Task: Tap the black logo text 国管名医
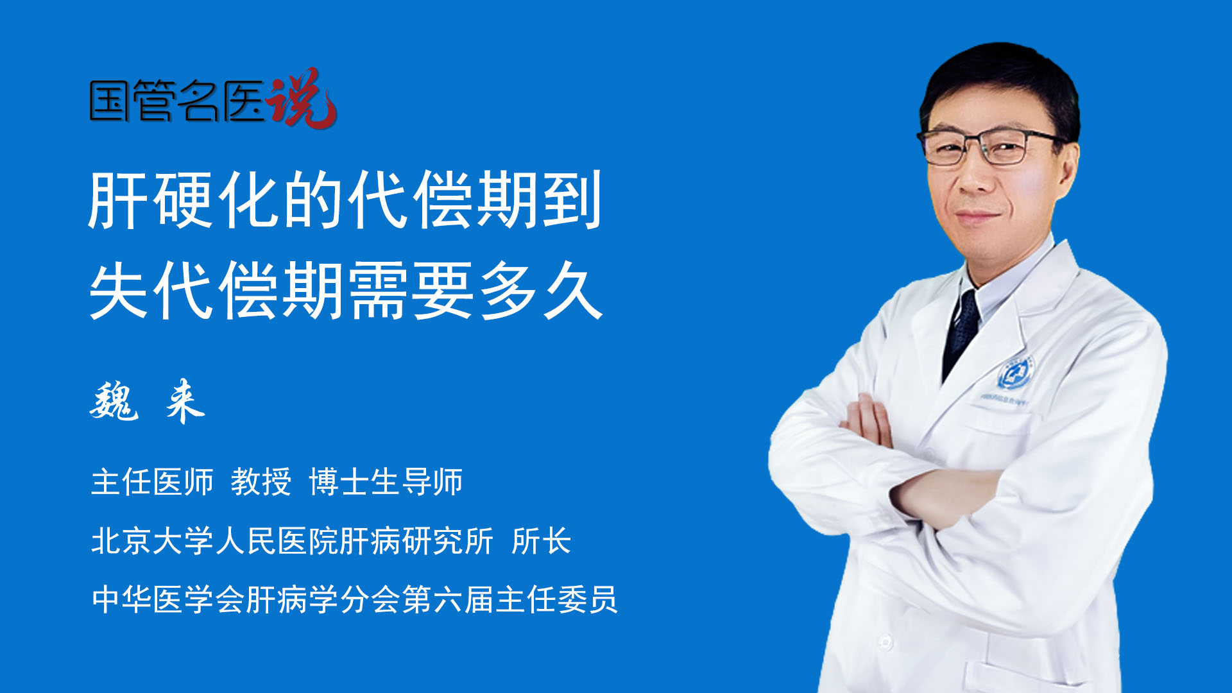pos(178,101)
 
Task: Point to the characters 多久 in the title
pos(540,291)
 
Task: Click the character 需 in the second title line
pos(379,291)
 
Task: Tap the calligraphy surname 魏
pos(114,400)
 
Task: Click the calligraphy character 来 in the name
pos(185,400)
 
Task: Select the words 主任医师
pos(152,482)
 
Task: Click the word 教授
pos(261,482)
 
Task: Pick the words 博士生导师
pos(386,482)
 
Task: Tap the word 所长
pos(542,541)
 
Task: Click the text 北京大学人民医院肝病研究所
pos(292,541)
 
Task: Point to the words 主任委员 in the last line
pos(556,599)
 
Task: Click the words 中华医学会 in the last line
pos(168,599)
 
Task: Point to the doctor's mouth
pos(977,216)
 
